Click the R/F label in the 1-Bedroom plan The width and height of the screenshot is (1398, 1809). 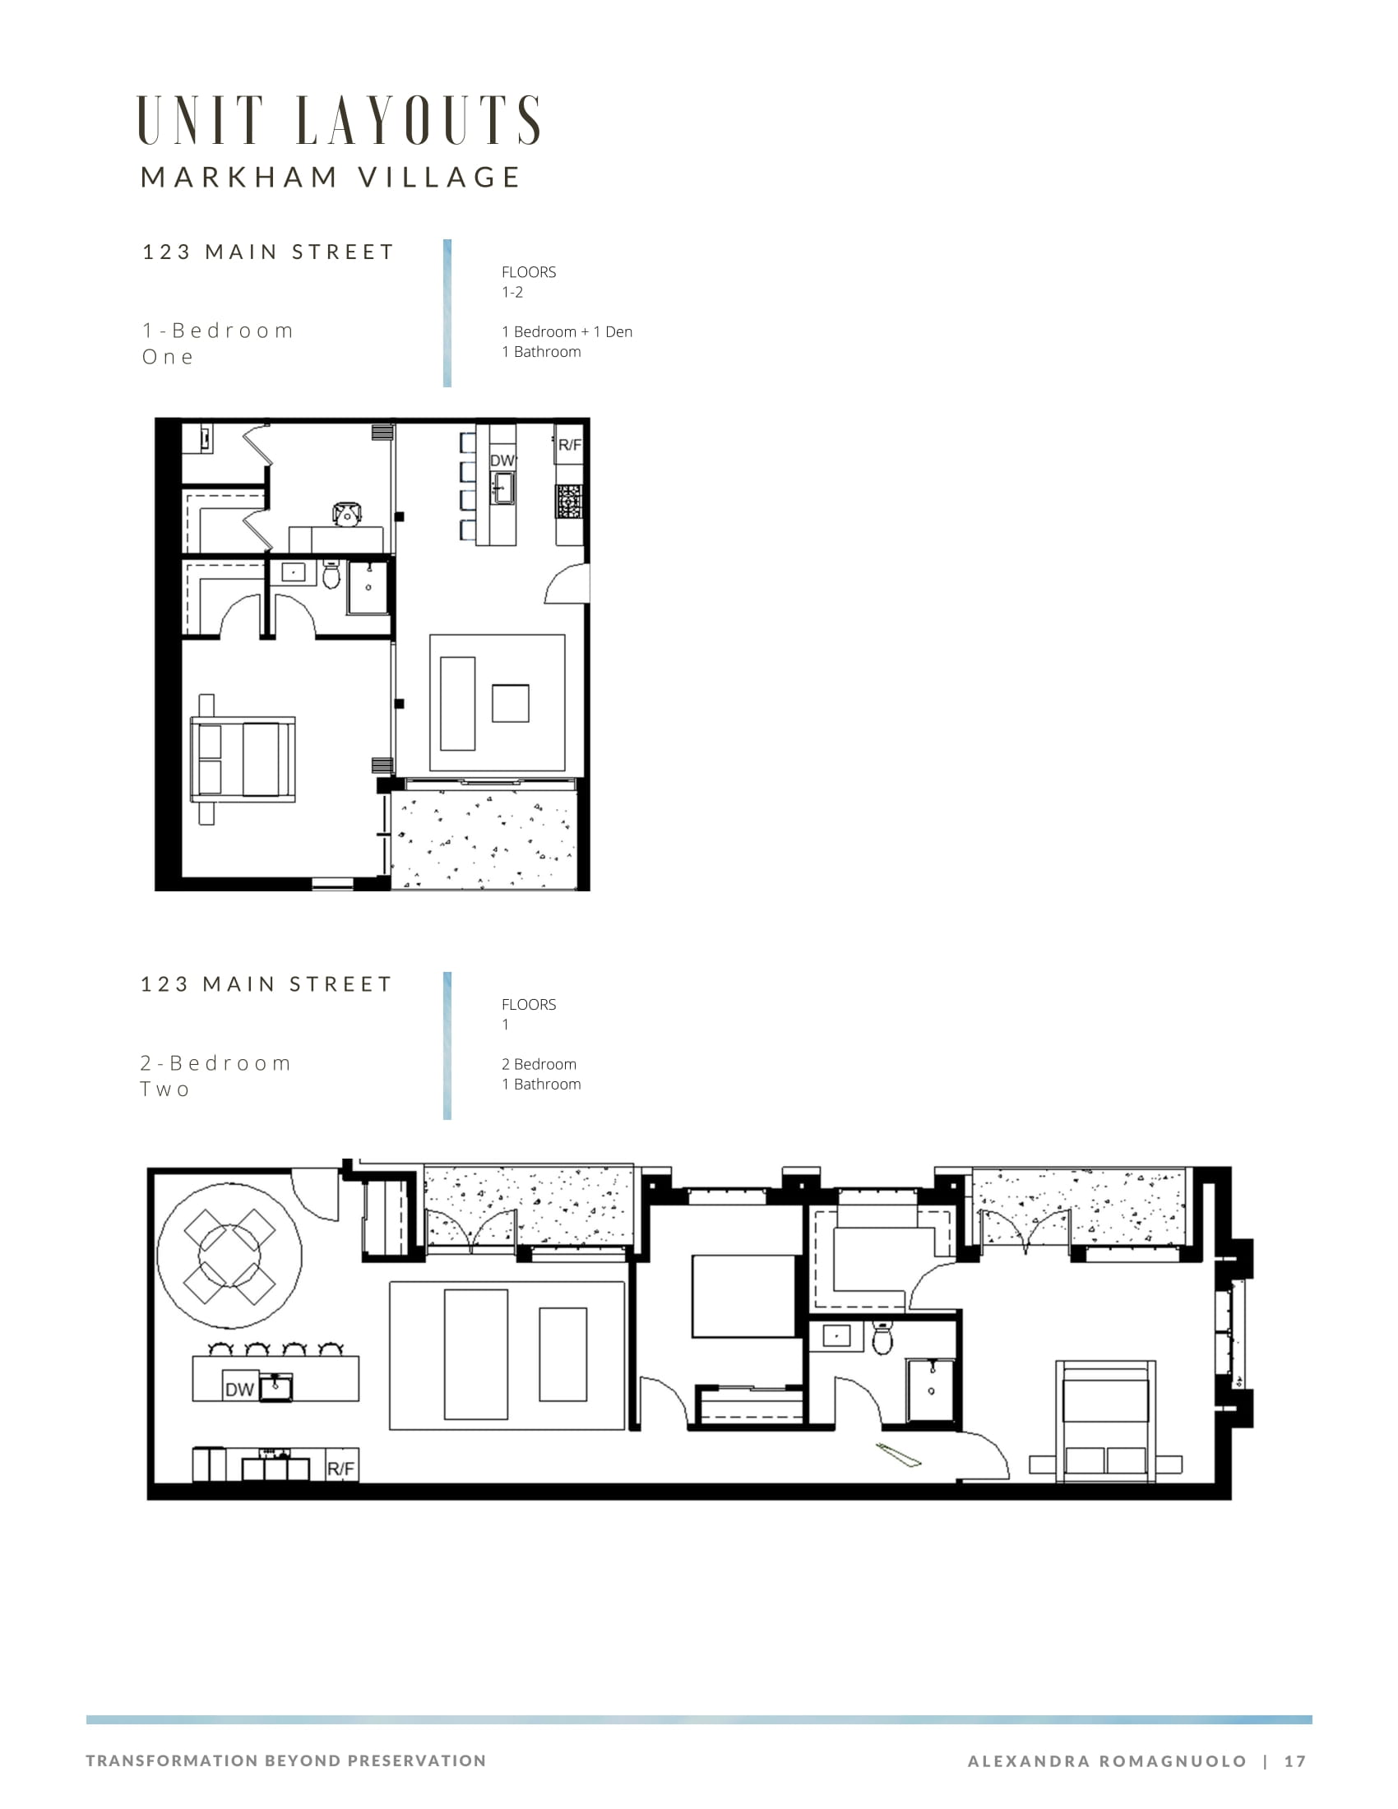(570, 445)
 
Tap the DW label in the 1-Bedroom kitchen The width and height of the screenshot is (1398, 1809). (502, 460)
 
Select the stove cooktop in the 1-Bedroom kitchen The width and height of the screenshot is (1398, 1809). (569, 502)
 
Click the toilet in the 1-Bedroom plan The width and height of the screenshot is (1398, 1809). (331, 574)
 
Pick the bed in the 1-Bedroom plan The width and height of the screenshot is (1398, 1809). (243, 760)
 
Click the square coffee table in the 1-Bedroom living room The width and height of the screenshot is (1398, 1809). (510, 703)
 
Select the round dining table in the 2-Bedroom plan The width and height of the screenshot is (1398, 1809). (229, 1256)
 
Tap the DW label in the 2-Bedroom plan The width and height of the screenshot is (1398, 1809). (239, 1389)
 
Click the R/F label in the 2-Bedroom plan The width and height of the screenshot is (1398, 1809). (340, 1469)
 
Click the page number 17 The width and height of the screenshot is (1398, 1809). (1295, 1761)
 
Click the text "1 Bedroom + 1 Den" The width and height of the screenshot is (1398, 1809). (567, 331)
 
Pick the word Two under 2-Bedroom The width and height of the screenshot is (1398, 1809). (164, 1090)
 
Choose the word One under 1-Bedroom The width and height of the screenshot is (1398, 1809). (167, 357)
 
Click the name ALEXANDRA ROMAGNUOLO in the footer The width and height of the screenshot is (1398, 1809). (1108, 1761)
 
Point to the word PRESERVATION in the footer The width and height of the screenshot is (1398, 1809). (417, 1760)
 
